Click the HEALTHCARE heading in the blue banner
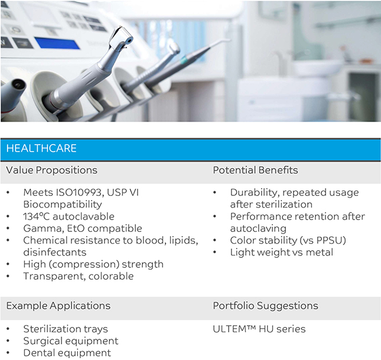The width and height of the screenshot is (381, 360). tap(41, 148)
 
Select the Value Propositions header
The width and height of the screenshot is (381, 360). tap(52, 170)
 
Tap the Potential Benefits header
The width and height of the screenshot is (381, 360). tap(255, 170)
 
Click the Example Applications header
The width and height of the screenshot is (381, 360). tap(58, 306)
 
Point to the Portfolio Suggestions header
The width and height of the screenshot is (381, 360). tap(266, 306)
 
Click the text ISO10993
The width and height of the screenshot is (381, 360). tap(79, 192)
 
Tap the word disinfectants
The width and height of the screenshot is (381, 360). tap(55, 252)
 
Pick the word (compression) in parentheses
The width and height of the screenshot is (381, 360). tap(84, 264)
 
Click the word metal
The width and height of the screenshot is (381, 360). tap(320, 252)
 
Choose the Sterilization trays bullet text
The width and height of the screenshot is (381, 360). tap(66, 329)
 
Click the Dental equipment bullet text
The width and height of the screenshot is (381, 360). tap(67, 353)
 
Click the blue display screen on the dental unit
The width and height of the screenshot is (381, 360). tap(57, 43)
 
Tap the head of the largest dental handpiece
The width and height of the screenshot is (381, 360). tap(121, 38)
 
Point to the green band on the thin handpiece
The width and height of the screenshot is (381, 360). tap(184, 59)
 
